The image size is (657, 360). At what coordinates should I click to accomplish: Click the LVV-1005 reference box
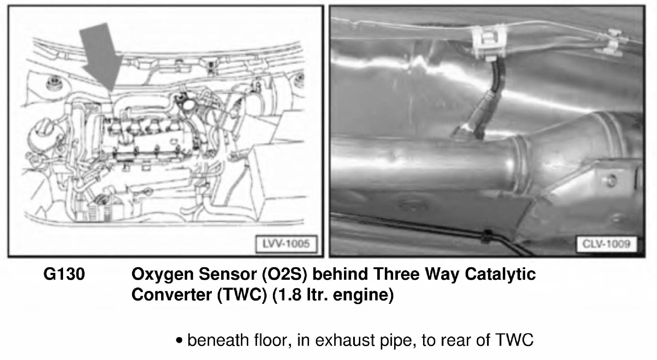click(x=286, y=244)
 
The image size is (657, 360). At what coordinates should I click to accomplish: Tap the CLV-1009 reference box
click(x=606, y=244)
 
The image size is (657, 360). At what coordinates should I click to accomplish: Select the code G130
click(x=64, y=274)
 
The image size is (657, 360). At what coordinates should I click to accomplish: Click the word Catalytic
click(x=500, y=275)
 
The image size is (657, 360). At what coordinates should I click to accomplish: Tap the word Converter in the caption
click(x=171, y=295)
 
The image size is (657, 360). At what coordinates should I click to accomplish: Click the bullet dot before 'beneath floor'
click(x=179, y=340)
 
